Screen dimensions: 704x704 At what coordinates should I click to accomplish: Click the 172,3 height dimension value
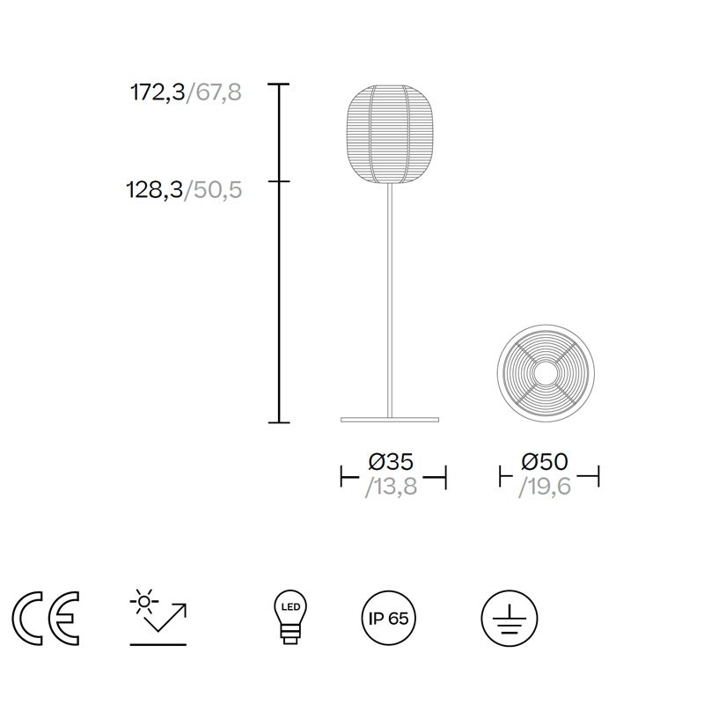158,93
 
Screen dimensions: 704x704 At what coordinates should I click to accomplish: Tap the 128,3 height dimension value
155,190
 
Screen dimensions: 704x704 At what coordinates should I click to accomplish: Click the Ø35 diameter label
391,461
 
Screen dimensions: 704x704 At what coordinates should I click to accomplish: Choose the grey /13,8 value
392,487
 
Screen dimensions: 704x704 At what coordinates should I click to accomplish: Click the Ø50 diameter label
545,461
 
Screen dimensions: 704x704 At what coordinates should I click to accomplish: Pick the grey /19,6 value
545,487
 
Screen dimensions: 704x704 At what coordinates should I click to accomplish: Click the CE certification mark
46,619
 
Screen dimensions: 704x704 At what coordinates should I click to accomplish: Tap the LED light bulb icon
290,618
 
